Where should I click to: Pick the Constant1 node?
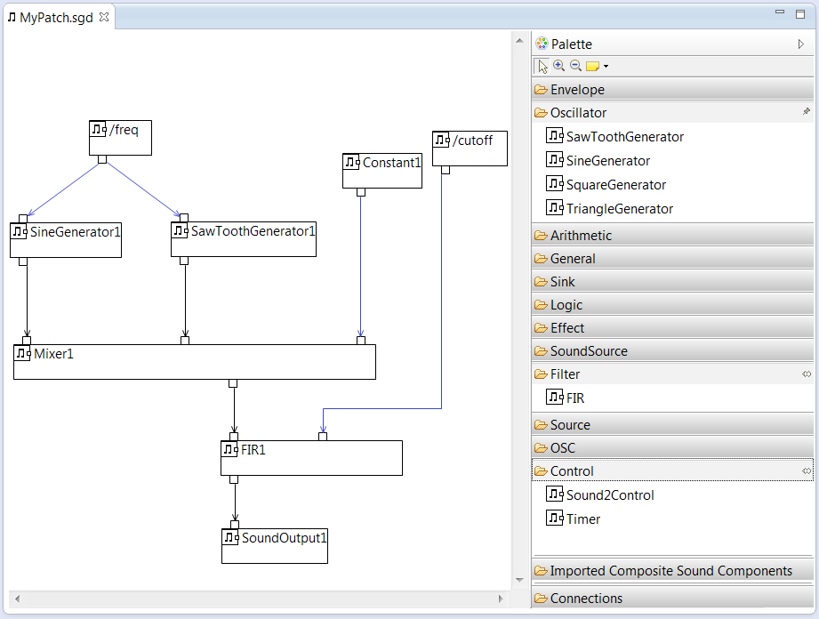coord(382,170)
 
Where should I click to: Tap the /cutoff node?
coord(470,148)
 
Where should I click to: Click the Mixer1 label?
coord(53,354)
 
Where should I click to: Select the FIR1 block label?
coord(253,450)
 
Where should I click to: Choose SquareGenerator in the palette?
coord(615,185)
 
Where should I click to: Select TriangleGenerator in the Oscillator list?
coord(619,209)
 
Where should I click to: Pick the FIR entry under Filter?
coord(574,398)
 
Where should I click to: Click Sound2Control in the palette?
coord(609,495)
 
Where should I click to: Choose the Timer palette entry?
coord(582,519)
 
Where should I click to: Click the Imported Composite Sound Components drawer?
coord(672,571)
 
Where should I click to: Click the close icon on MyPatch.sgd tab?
coord(103,17)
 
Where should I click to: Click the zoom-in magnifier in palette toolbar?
coord(558,66)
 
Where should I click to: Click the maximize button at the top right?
coord(799,14)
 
